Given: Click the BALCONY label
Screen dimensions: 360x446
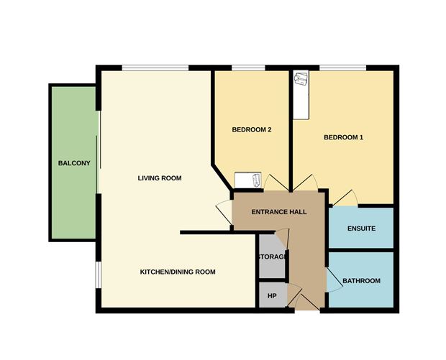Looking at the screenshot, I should [x=74, y=163].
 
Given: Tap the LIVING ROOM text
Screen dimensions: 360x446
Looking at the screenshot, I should [x=159, y=177].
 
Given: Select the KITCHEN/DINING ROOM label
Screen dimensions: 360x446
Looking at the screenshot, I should [x=178, y=272].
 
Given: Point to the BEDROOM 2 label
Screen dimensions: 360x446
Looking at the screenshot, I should [x=251, y=130].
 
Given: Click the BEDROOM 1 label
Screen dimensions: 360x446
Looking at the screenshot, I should [x=343, y=137].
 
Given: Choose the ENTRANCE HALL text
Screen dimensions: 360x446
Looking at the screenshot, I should [x=279, y=212].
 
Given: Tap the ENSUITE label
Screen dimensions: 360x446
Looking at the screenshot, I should [x=361, y=229].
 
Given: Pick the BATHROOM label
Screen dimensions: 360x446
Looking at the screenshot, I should [x=361, y=280].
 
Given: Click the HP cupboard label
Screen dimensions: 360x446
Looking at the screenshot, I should [x=272, y=295].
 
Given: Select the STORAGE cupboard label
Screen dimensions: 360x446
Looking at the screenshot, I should [x=273, y=257].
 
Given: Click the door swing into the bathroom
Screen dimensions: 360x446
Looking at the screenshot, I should [x=333, y=280].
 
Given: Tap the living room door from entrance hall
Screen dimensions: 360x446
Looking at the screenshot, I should [x=224, y=212].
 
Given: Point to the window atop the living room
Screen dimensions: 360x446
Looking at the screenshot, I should [x=155, y=68].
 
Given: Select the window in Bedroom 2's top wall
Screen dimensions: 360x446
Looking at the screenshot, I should [x=249, y=68].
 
